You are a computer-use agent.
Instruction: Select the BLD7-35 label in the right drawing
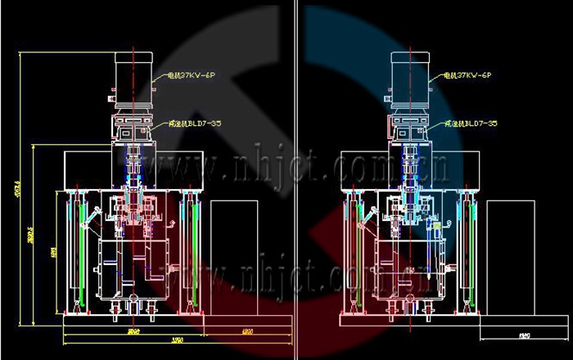pyautogui.click(x=471, y=124)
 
